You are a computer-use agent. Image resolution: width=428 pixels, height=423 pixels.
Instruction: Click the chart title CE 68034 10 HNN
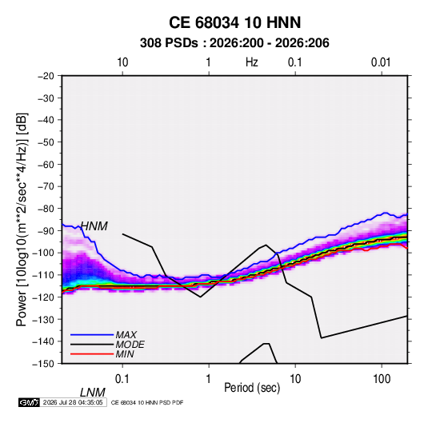click(x=234, y=22)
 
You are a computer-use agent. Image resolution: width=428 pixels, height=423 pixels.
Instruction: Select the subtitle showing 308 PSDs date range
click(x=234, y=43)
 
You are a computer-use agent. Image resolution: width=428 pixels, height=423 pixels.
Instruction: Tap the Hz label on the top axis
click(x=252, y=62)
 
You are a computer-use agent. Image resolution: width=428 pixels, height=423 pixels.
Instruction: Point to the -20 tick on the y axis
click(x=46, y=76)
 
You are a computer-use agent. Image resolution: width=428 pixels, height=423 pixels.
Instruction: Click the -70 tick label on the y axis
click(x=46, y=186)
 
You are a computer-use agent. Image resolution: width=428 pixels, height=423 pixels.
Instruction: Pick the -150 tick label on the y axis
click(x=43, y=364)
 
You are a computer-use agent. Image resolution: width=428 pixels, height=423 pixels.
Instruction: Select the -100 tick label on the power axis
click(x=43, y=253)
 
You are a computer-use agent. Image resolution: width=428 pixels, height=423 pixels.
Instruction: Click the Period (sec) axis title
click(x=252, y=388)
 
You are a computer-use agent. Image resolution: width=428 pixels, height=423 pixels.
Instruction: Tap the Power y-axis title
click(x=22, y=220)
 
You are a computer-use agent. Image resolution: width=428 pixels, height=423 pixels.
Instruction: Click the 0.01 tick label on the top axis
click(x=381, y=62)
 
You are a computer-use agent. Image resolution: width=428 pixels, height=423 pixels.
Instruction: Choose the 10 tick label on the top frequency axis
click(x=122, y=62)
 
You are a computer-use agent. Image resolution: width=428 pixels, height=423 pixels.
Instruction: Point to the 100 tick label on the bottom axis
click(x=382, y=379)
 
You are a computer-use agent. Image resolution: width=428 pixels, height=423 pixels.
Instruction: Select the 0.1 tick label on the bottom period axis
click(x=122, y=379)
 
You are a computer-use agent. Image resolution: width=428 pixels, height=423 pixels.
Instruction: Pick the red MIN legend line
click(x=92, y=354)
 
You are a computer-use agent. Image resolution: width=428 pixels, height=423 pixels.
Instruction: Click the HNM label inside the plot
click(x=94, y=226)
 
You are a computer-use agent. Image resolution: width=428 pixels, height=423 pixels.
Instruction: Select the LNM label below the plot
click(x=93, y=393)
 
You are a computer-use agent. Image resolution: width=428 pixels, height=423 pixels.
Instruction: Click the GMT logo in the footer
click(x=30, y=402)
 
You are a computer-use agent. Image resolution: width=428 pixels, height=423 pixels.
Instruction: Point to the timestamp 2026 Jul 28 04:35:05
click(x=73, y=402)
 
